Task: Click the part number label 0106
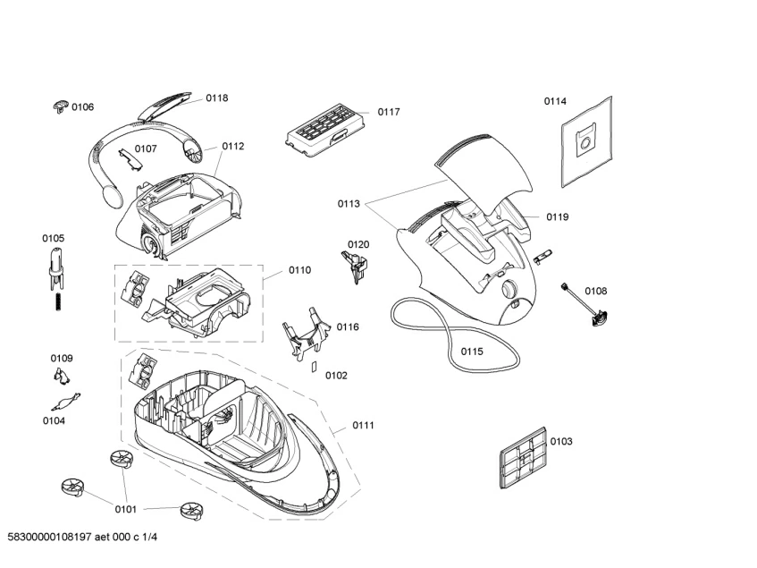pyautogui.click(x=83, y=107)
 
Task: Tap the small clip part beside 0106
pyautogui.click(x=60, y=107)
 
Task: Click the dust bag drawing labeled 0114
pyautogui.click(x=585, y=142)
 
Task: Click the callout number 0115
pyautogui.click(x=472, y=352)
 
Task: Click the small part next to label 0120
pyautogui.click(x=356, y=263)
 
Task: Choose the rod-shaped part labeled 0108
pyautogui.click(x=584, y=304)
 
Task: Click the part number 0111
pyautogui.click(x=363, y=425)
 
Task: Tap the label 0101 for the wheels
pyautogui.click(x=125, y=509)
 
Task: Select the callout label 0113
pyautogui.click(x=349, y=203)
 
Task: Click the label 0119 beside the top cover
pyautogui.click(x=558, y=217)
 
